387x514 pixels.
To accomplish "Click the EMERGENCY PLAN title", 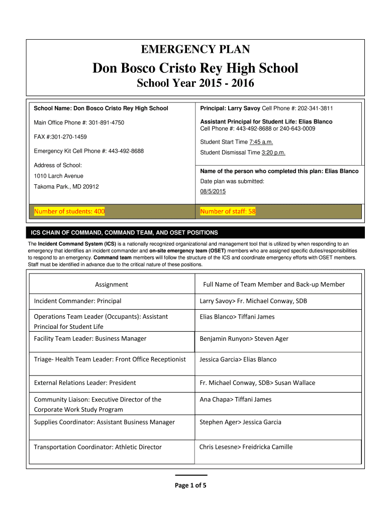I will pyautogui.click(x=195, y=49).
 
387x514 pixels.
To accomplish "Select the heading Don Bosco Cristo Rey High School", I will pyautogui.click(x=195, y=68).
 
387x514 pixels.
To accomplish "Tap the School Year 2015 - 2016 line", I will pyautogui.click(x=195, y=84).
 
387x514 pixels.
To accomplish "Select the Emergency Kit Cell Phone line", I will pyautogui.click(x=88, y=151).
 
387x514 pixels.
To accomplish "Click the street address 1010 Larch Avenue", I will pyautogui.click(x=58, y=176).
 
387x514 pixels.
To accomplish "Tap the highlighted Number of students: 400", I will pyautogui.click(x=69, y=211).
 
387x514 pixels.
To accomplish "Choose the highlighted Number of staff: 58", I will pyautogui.click(x=228, y=211).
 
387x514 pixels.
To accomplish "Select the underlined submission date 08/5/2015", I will pyautogui.click(x=213, y=191).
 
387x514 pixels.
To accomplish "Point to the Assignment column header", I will pyautogui.click(x=112, y=285).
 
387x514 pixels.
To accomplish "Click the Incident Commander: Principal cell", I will pyautogui.click(x=77, y=301).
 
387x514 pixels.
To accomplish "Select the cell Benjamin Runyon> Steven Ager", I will pyautogui.click(x=244, y=339).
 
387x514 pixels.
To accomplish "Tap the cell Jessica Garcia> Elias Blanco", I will pyautogui.click(x=238, y=359).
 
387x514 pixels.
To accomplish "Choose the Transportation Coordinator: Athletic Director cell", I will pyautogui.click(x=98, y=447).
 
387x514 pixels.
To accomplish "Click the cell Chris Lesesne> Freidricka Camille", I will pyautogui.click(x=246, y=447).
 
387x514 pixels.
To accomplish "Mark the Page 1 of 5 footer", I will pyautogui.click(x=190, y=485).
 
